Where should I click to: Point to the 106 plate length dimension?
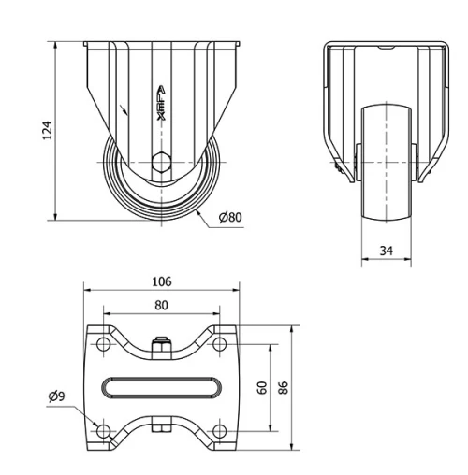coord(161,281)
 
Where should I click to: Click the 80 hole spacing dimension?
coord(161,305)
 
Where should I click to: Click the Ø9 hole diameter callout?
coord(58,396)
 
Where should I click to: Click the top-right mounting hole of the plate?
coord(219,346)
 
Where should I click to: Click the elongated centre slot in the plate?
coord(161,388)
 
